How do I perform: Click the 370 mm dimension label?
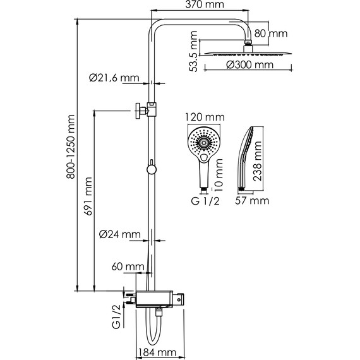pos(205,4)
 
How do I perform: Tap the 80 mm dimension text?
pos(271,33)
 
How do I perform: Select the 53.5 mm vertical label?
pos(193,51)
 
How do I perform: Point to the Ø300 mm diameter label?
pos(250,65)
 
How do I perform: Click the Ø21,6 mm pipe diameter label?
pos(114,78)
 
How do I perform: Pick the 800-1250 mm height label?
pos(71,147)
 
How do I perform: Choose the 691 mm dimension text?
pos(88,196)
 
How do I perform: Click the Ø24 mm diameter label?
pos(119,234)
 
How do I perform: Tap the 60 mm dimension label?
pos(128,267)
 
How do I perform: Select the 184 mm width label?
pos(157,352)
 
